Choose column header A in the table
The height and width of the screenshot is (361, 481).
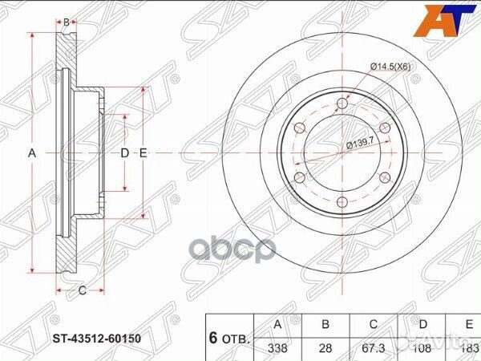click(x=277, y=325)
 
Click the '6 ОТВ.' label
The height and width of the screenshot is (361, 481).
click(x=229, y=338)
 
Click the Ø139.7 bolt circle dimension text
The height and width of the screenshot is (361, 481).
click(x=362, y=144)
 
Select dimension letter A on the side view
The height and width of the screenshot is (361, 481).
click(x=33, y=152)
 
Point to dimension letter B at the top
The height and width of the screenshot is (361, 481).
click(x=67, y=21)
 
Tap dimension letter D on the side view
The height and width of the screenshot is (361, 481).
click(x=125, y=152)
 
